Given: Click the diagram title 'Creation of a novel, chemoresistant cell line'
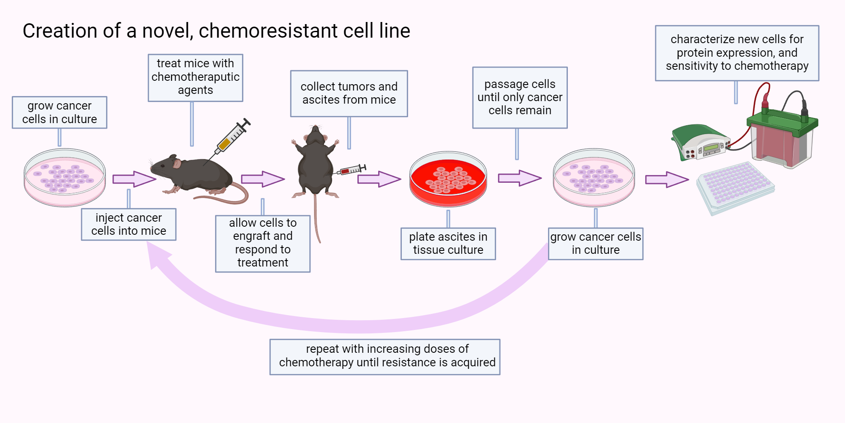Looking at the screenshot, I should pyautogui.click(x=216, y=31).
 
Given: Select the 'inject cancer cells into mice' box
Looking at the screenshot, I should pyautogui.click(x=128, y=224).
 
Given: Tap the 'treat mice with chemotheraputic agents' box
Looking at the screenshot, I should pyautogui.click(x=195, y=77).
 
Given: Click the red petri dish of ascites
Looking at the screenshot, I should pyautogui.click(x=448, y=180).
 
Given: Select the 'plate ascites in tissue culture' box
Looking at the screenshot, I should pyautogui.click(x=448, y=244).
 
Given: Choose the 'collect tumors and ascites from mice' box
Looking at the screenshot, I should pyautogui.click(x=349, y=93).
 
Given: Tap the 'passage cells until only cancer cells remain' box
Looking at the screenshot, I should pyautogui.click(x=520, y=97).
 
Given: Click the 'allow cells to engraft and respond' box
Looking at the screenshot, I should pyautogui.click(x=262, y=243).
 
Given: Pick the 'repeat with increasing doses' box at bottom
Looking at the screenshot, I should pyautogui.click(x=385, y=357).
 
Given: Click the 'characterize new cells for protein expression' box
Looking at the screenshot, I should pyautogui.click(x=737, y=53).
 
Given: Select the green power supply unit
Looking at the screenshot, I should pyautogui.click(x=701, y=142).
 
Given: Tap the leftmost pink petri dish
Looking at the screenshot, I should pyautogui.click(x=65, y=178).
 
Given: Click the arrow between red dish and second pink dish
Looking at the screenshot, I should pyautogui.click(x=519, y=178).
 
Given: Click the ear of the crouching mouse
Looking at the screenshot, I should pyautogui.click(x=177, y=163).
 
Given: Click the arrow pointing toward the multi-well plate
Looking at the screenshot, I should pyautogui.click(x=667, y=180).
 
